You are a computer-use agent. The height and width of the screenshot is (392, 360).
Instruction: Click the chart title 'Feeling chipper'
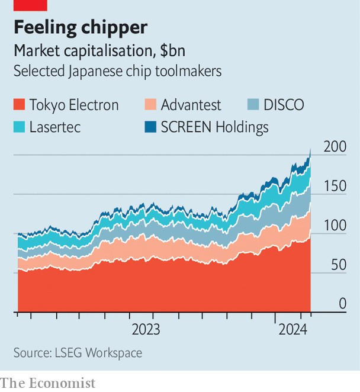point(80,27)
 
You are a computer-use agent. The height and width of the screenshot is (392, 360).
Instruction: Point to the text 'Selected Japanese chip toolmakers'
point(117,71)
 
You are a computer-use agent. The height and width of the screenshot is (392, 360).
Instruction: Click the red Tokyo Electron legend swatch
point(20,105)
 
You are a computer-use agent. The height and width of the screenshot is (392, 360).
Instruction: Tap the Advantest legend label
point(191,105)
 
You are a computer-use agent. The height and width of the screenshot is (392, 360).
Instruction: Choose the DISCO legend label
point(284,105)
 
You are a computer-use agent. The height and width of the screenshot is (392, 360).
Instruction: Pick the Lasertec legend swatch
point(20,127)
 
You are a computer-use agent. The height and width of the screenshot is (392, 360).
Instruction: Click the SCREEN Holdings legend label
point(214,127)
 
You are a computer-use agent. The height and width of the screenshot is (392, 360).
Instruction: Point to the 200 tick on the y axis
point(334,147)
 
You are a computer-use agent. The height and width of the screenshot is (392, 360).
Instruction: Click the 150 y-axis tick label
point(334,186)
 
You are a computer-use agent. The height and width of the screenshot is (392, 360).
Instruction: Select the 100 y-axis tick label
point(334,226)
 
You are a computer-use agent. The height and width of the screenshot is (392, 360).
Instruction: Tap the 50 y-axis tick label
point(337,265)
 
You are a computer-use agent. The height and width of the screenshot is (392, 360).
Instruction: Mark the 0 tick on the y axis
point(342,304)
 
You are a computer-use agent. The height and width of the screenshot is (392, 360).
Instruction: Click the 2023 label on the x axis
point(146,329)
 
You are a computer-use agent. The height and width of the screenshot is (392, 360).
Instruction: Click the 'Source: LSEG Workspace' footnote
point(78,353)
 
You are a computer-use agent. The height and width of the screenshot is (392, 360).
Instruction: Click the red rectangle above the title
point(30,5)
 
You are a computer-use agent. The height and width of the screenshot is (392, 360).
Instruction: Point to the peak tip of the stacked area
point(310,149)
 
